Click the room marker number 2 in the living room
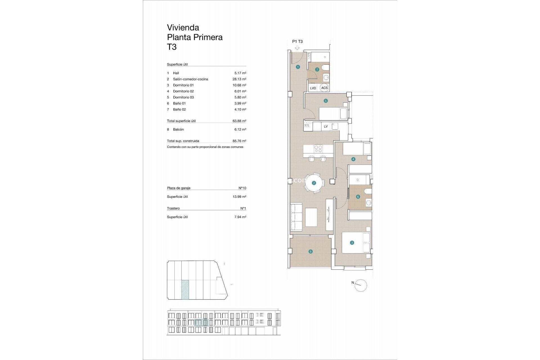pyautogui.click(x=314, y=183)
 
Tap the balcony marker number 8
pyautogui.click(x=310, y=252)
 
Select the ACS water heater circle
pyautogui.click(x=324, y=88)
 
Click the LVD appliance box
pyautogui.click(x=313, y=88)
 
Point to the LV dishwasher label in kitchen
pyautogui.click(x=326, y=126)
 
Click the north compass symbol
pyautogui.click(x=361, y=285)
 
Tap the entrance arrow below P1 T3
pyautogui.click(x=297, y=48)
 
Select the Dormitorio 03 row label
pyautogui.click(x=183, y=97)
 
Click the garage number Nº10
pyautogui.click(x=242, y=188)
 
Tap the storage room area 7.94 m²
pyautogui.click(x=240, y=217)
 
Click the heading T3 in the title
pyautogui.click(x=172, y=47)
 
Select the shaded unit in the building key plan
pyautogui.click(x=185, y=289)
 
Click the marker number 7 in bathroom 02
pyautogui.click(x=317, y=69)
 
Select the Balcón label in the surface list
pyautogui.click(x=178, y=129)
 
